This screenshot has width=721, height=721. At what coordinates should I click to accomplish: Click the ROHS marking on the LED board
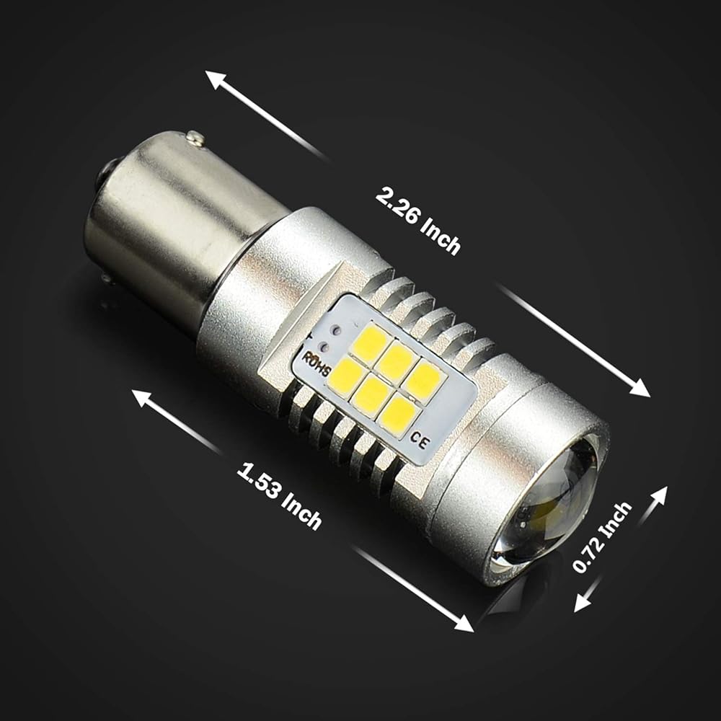(x=317, y=364)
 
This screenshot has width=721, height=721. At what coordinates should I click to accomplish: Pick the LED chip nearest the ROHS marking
(x=344, y=373)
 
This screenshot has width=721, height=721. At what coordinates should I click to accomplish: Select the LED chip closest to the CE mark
(x=395, y=417)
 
